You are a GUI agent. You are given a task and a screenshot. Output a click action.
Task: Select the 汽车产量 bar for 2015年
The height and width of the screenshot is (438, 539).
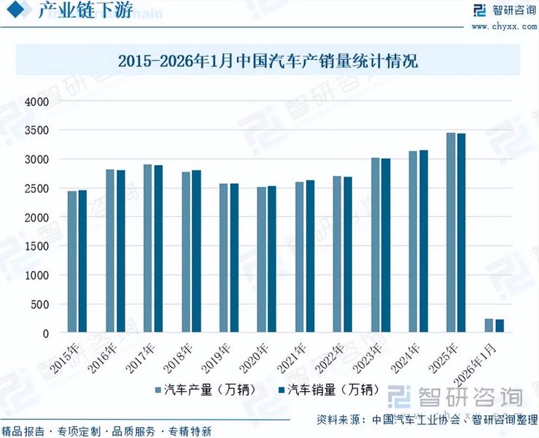pos(72,262)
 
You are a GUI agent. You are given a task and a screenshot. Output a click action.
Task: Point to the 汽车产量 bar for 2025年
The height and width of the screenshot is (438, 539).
pos(451,233)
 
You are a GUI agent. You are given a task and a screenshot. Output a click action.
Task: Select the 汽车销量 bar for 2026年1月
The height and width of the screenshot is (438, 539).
pos(499,326)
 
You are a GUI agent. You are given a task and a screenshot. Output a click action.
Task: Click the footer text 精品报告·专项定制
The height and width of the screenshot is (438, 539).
pos(51,431)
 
